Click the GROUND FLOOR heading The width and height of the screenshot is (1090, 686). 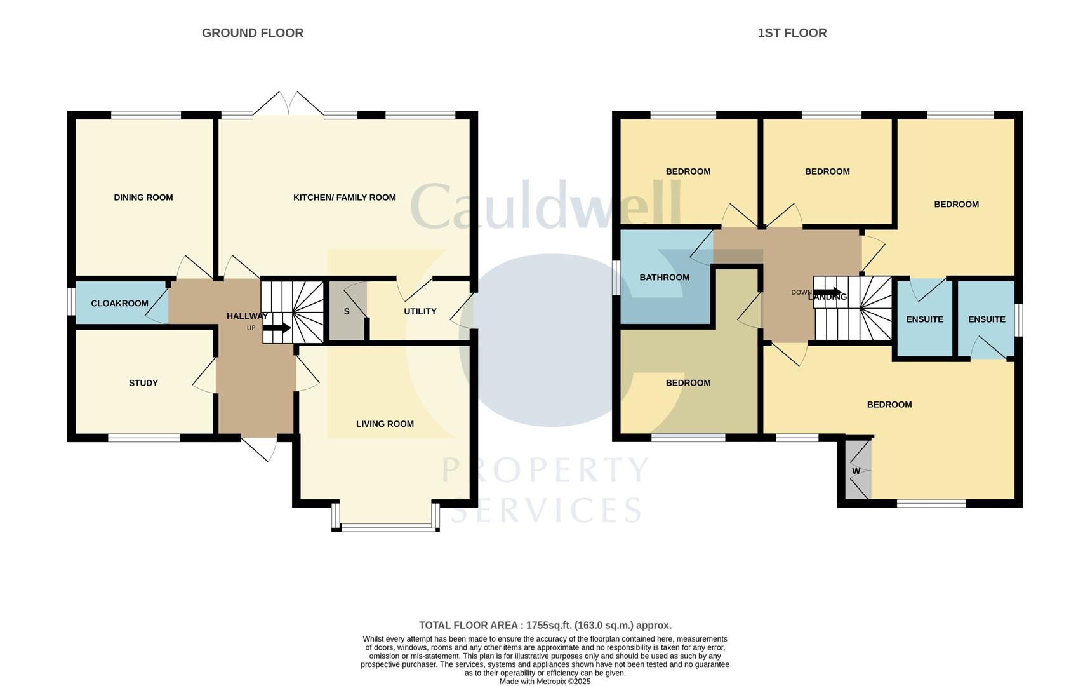point(252,33)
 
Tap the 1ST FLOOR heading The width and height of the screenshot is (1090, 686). point(792,33)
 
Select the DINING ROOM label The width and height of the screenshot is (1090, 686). point(143,198)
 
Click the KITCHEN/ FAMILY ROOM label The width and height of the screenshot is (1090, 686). point(344,198)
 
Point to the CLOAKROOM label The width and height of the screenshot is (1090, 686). point(119,304)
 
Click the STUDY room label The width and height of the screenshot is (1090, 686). point(143,383)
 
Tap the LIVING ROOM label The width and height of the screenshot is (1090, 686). point(385,424)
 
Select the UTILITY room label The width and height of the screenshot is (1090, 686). point(420,311)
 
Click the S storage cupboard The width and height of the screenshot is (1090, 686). point(347,312)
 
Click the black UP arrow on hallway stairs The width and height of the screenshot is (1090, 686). point(277,328)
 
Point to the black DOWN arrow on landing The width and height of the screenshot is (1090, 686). point(827,292)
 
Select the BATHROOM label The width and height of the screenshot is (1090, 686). point(664,278)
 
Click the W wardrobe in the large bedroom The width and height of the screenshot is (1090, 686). point(856,471)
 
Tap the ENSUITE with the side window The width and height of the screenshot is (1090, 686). point(986,319)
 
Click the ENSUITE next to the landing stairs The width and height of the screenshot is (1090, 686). point(924,319)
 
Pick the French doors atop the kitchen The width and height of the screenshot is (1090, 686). point(288,105)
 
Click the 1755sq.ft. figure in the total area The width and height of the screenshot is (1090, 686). point(548,626)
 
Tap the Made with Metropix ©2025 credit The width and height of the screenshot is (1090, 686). point(545,682)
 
